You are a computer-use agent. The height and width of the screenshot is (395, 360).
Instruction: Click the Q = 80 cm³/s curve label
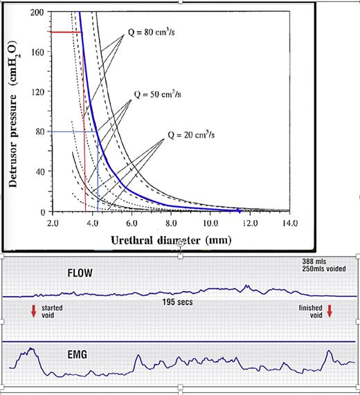tap(154, 31)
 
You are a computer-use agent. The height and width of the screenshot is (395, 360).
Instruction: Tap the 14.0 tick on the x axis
tap(289, 224)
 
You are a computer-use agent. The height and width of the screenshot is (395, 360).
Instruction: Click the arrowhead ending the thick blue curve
tap(239, 210)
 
